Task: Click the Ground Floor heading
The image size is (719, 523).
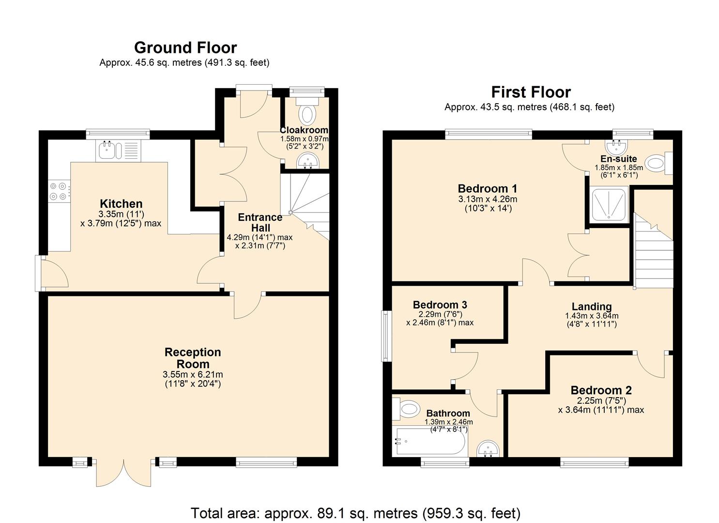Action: [x=185, y=48]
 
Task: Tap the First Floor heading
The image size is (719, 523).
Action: [x=531, y=92]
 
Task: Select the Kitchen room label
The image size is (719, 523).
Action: [x=121, y=203]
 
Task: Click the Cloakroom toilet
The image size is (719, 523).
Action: [x=307, y=111]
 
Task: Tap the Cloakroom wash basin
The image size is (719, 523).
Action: [x=307, y=160]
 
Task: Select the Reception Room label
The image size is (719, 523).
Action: [x=193, y=358]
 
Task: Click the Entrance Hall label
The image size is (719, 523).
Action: [x=260, y=222]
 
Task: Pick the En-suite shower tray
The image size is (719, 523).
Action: [x=610, y=205]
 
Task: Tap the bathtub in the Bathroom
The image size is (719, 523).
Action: [x=430, y=442]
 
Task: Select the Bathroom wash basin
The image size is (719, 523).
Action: [x=488, y=448]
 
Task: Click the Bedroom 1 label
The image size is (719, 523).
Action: [x=488, y=188]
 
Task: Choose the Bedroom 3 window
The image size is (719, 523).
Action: [x=386, y=336]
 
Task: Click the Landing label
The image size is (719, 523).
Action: [x=592, y=307]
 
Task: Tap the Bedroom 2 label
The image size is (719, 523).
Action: [x=601, y=390]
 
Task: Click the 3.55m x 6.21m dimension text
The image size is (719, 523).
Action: [x=193, y=374]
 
